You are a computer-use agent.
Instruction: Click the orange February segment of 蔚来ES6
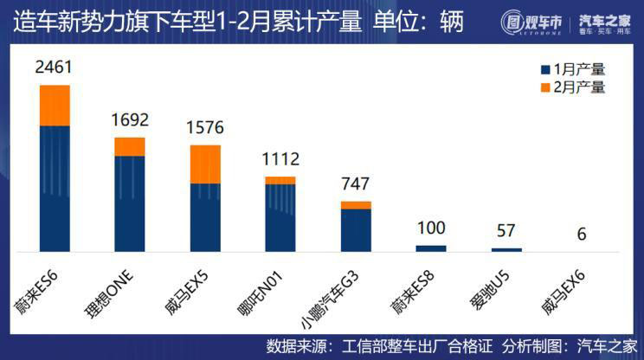click(55, 106)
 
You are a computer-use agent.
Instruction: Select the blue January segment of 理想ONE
click(130, 203)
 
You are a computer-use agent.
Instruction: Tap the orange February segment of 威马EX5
click(205, 164)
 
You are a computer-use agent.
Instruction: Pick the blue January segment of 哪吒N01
click(280, 217)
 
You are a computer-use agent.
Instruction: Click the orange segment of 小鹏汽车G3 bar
click(356, 205)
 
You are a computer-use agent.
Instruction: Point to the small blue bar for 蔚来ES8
click(431, 248)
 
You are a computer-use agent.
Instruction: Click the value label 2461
click(55, 67)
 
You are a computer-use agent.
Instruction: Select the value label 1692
click(130, 119)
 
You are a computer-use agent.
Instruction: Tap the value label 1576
click(205, 128)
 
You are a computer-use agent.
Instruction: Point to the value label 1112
click(280, 159)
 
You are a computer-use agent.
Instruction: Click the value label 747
click(356, 183)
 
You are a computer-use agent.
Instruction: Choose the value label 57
click(506, 231)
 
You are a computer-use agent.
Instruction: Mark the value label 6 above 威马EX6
click(582, 234)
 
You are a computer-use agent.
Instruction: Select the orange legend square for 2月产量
click(545, 87)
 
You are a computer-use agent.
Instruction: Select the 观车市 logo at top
click(532, 22)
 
